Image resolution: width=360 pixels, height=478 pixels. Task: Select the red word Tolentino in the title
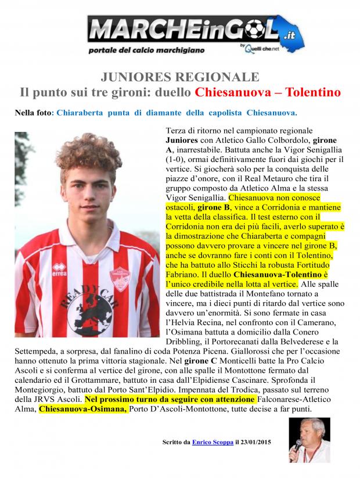pos(307,92)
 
